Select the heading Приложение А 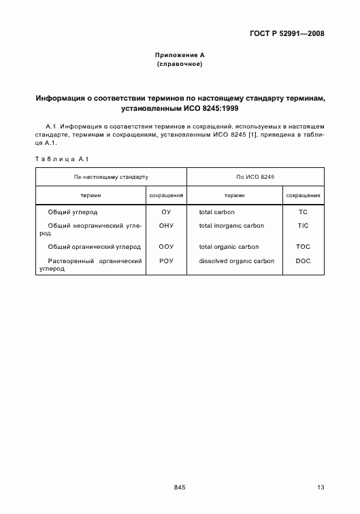[180, 54]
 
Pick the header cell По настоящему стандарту [111, 177]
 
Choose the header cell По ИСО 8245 [255, 177]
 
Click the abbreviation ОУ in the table [166, 212]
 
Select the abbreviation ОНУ [166, 225]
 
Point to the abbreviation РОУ [166, 261]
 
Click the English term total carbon [217, 212]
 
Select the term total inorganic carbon [231, 225]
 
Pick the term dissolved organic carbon [237, 261]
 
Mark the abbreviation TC [303, 212]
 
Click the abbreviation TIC [303, 225]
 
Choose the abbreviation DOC [303, 261]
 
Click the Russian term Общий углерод [73, 212]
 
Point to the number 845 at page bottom [180, 487]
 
